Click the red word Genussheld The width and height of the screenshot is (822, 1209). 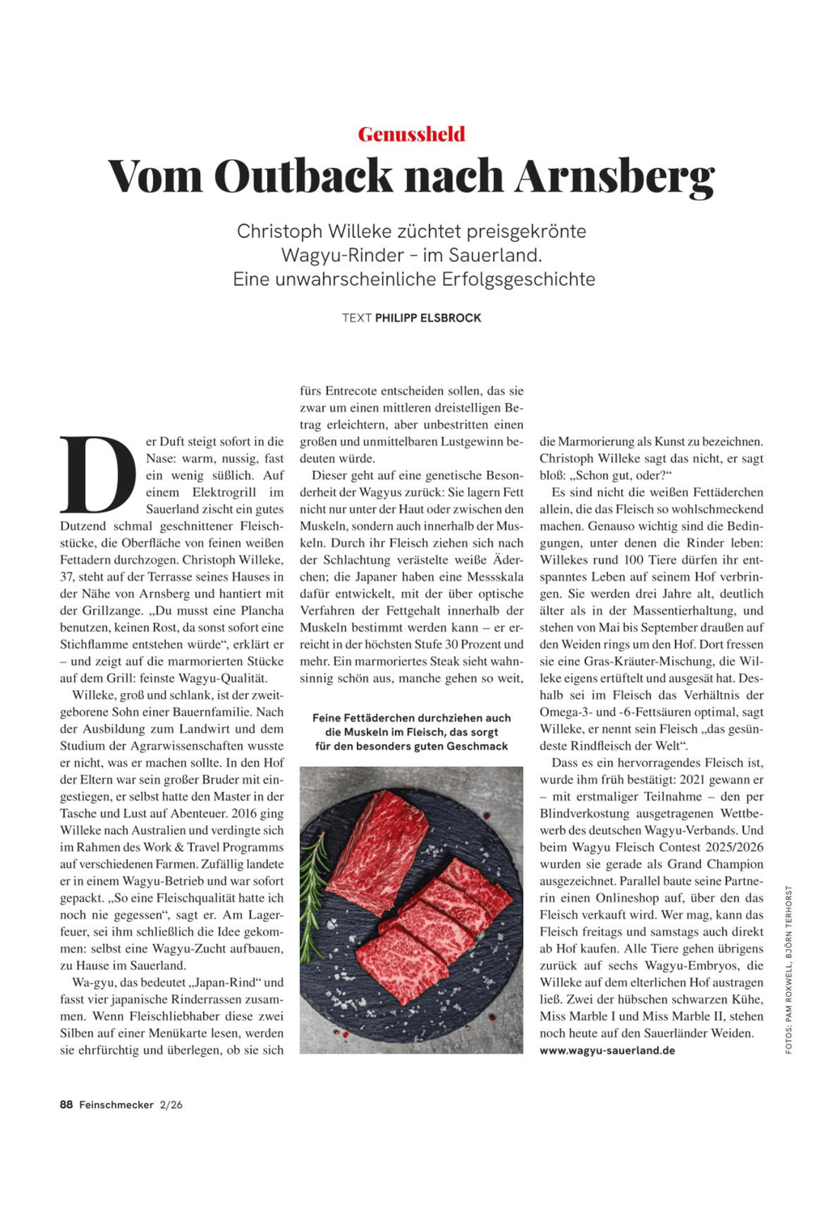411,134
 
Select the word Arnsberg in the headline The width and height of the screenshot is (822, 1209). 614,177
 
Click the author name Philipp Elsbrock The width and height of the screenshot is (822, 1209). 428,318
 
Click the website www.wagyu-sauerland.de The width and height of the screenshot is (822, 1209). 607,1050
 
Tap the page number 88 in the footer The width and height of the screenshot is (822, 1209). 66,1105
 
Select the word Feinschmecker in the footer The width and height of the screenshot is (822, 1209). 116,1105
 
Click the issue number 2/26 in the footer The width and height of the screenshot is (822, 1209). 171,1105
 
